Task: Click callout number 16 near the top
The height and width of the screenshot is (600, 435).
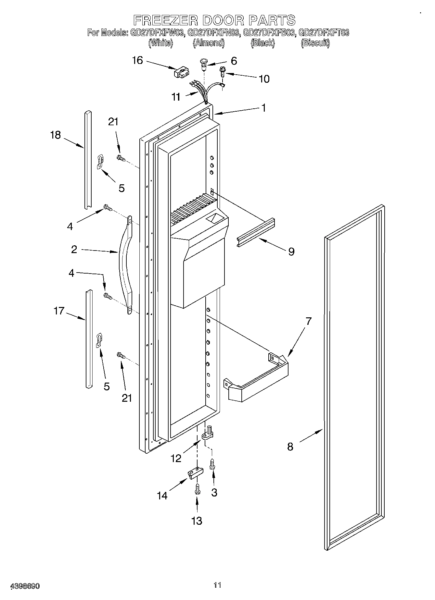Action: (137, 60)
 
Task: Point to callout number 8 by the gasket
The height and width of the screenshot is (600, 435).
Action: (290, 447)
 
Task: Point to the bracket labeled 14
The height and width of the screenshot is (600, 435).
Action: (194, 473)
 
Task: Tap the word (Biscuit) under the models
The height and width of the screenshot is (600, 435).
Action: (315, 43)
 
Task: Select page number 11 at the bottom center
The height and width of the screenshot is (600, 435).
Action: (217, 585)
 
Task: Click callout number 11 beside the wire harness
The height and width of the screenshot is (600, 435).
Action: (176, 97)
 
